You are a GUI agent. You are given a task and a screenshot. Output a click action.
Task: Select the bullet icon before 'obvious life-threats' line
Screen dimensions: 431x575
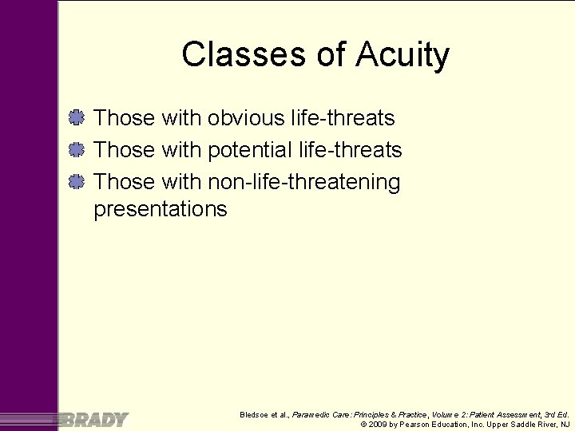click(x=77, y=118)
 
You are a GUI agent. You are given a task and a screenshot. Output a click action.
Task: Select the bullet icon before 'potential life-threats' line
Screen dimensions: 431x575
click(x=77, y=150)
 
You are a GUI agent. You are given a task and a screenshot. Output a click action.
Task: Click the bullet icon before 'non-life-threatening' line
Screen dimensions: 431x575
click(x=77, y=182)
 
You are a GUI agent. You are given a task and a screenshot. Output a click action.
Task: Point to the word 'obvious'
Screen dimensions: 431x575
click(x=246, y=118)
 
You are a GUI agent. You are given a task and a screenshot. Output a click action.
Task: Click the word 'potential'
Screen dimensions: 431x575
click(x=249, y=150)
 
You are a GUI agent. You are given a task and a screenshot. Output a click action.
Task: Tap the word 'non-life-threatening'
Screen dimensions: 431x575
click(x=304, y=182)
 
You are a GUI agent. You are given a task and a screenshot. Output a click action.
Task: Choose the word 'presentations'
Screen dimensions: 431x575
click(x=161, y=209)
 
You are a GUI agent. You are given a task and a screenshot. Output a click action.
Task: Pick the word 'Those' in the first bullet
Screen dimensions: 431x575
click(x=124, y=118)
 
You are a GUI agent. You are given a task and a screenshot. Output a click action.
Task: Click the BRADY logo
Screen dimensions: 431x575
click(x=94, y=419)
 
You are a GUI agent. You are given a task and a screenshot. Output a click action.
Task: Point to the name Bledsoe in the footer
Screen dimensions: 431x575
click(x=256, y=415)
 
